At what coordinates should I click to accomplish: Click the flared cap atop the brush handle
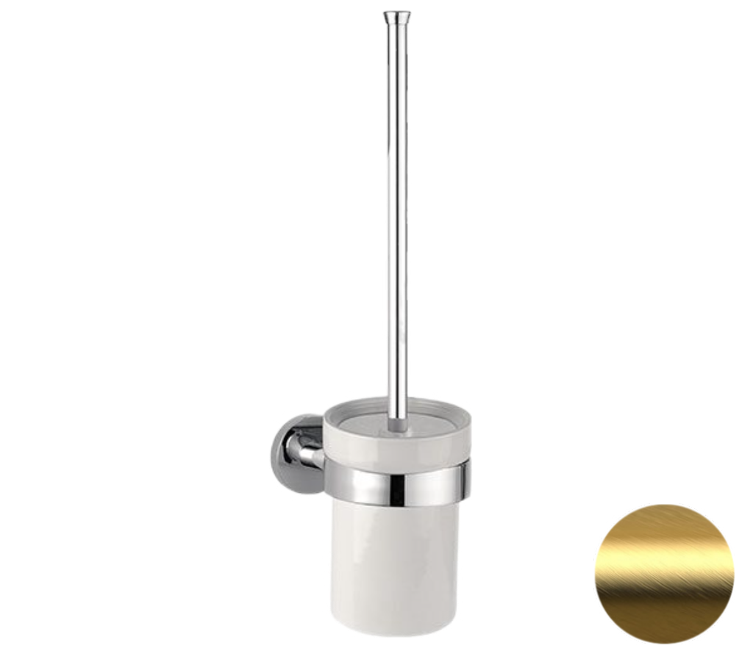pyautogui.click(x=396, y=16)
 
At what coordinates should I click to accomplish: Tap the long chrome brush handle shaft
pyautogui.click(x=396, y=220)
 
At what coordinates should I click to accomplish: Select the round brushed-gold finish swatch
pyautogui.click(x=664, y=574)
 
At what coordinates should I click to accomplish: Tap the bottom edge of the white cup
pyautogui.click(x=396, y=633)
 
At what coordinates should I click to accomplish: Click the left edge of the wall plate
pyautogui.click(x=271, y=448)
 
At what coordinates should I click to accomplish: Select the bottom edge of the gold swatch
pyautogui.click(x=664, y=643)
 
